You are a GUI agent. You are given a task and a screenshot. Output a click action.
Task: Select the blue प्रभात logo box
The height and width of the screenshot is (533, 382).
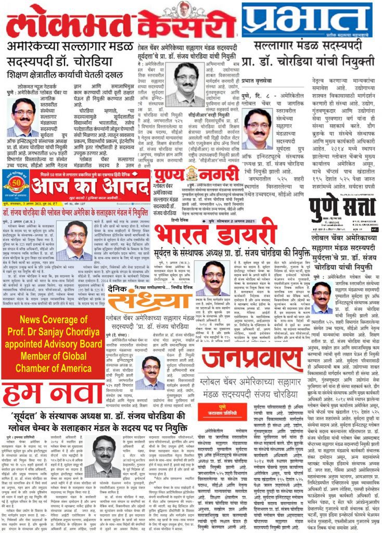307,20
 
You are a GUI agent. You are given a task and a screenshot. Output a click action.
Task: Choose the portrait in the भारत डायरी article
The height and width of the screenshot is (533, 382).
215,278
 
